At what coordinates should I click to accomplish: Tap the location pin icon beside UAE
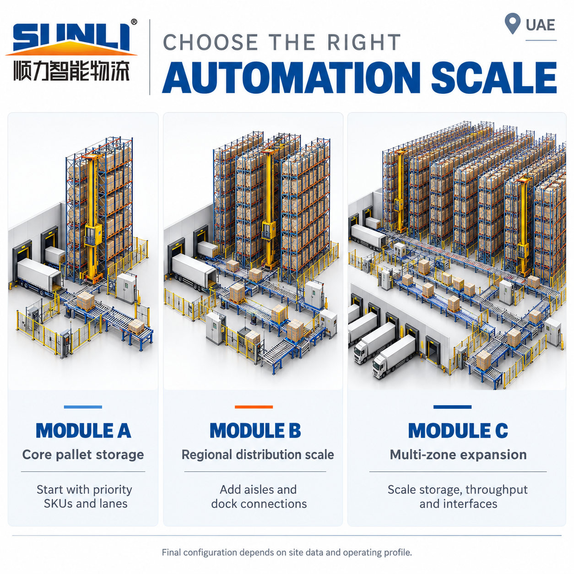(x=512, y=23)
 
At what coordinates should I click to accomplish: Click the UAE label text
(x=540, y=25)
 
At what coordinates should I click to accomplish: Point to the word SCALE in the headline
(x=494, y=77)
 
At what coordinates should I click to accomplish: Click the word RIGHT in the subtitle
(x=364, y=42)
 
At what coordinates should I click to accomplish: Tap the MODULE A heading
(x=83, y=430)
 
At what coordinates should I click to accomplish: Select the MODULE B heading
(x=255, y=430)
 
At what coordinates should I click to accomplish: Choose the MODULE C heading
(x=458, y=430)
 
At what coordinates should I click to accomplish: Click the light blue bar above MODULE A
(x=83, y=406)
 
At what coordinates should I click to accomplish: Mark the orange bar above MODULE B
(x=254, y=406)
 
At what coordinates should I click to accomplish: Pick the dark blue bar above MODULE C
(x=452, y=406)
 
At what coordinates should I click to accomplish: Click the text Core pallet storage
(x=83, y=455)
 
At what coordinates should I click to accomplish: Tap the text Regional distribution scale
(x=258, y=455)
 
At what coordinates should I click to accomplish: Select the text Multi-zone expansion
(x=458, y=455)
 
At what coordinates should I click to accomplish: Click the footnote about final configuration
(x=287, y=552)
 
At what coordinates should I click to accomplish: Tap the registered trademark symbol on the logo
(x=134, y=22)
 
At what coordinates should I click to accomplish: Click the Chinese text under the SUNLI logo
(x=71, y=71)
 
